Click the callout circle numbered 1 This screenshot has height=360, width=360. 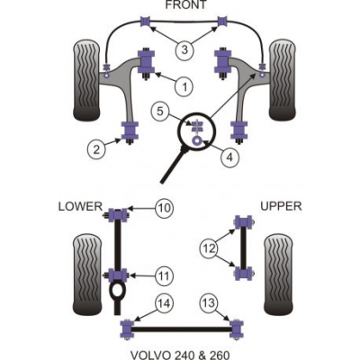tap(184, 86)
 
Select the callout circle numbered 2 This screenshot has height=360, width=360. tap(96, 148)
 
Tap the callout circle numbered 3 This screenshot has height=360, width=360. tap(184, 49)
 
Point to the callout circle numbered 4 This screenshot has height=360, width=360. tap(229, 157)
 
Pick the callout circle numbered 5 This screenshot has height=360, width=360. tap(160, 112)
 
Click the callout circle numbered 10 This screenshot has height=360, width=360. tap(165, 208)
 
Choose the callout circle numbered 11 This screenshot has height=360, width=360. tap(164, 275)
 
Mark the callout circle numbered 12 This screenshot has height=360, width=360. tap(209, 248)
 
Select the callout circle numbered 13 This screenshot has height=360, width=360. tap(209, 303)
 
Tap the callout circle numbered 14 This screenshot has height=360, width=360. tap(164, 303)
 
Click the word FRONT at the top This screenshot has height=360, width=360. tap(186, 4)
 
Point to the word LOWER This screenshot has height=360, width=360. tap(80, 206)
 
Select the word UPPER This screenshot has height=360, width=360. tap(281, 206)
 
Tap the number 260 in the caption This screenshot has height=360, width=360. tap(218, 355)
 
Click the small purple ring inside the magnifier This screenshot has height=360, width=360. tap(197, 140)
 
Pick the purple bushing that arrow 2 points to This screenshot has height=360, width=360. tap(130, 130)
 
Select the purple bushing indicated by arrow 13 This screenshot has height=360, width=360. tap(237, 328)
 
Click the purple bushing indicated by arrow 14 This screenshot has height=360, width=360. tap(128, 329)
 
